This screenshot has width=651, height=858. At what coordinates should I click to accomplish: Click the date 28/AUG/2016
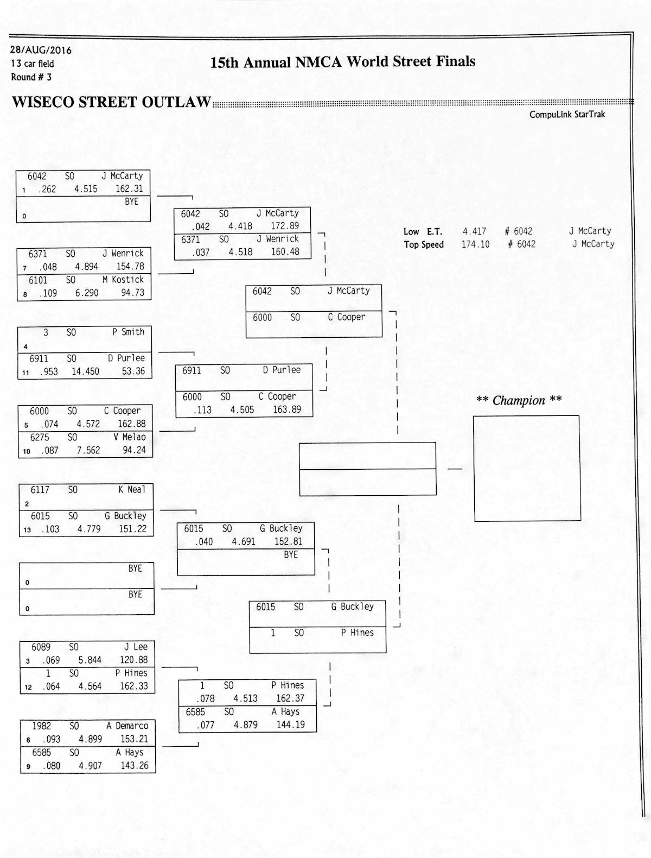tap(41, 50)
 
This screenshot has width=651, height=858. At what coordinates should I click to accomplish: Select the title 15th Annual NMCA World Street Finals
tap(342, 62)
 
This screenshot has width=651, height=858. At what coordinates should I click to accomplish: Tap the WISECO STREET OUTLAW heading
tap(111, 102)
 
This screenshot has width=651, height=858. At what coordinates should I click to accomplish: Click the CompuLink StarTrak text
tap(567, 115)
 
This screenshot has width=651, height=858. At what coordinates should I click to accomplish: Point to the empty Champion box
tap(527, 468)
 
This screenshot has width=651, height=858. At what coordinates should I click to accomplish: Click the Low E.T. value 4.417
tap(474, 231)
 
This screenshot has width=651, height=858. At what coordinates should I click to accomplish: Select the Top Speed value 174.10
tap(475, 244)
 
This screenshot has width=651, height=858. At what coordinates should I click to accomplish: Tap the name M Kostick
tap(123, 280)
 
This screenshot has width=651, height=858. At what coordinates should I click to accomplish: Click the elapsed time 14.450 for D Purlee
tap(85, 371)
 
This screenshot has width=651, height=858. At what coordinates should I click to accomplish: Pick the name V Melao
tap(130, 437)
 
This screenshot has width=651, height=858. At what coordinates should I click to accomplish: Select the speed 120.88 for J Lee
tap(133, 660)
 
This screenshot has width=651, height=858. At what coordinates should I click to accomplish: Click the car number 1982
tap(41, 726)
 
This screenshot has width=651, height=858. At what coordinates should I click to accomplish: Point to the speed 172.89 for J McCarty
tap(285, 226)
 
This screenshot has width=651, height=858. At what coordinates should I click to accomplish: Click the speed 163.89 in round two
tap(287, 409)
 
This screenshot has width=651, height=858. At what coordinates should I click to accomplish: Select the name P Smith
tap(129, 332)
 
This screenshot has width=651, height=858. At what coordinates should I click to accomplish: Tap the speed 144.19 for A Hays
tap(290, 724)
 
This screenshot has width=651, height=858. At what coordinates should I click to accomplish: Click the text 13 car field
tap(33, 64)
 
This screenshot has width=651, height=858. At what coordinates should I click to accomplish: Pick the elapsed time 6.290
tap(87, 293)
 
